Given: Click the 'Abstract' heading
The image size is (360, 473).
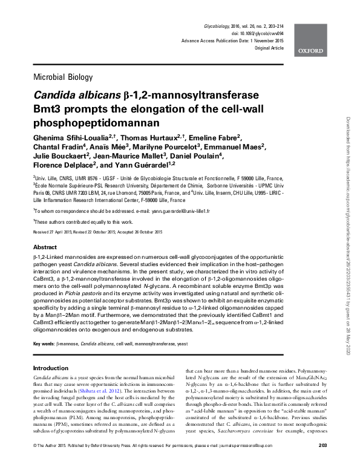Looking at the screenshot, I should (45, 248).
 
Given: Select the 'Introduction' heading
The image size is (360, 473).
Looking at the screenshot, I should (50, 368).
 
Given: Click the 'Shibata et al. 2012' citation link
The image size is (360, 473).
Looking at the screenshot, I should (129, 391).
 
